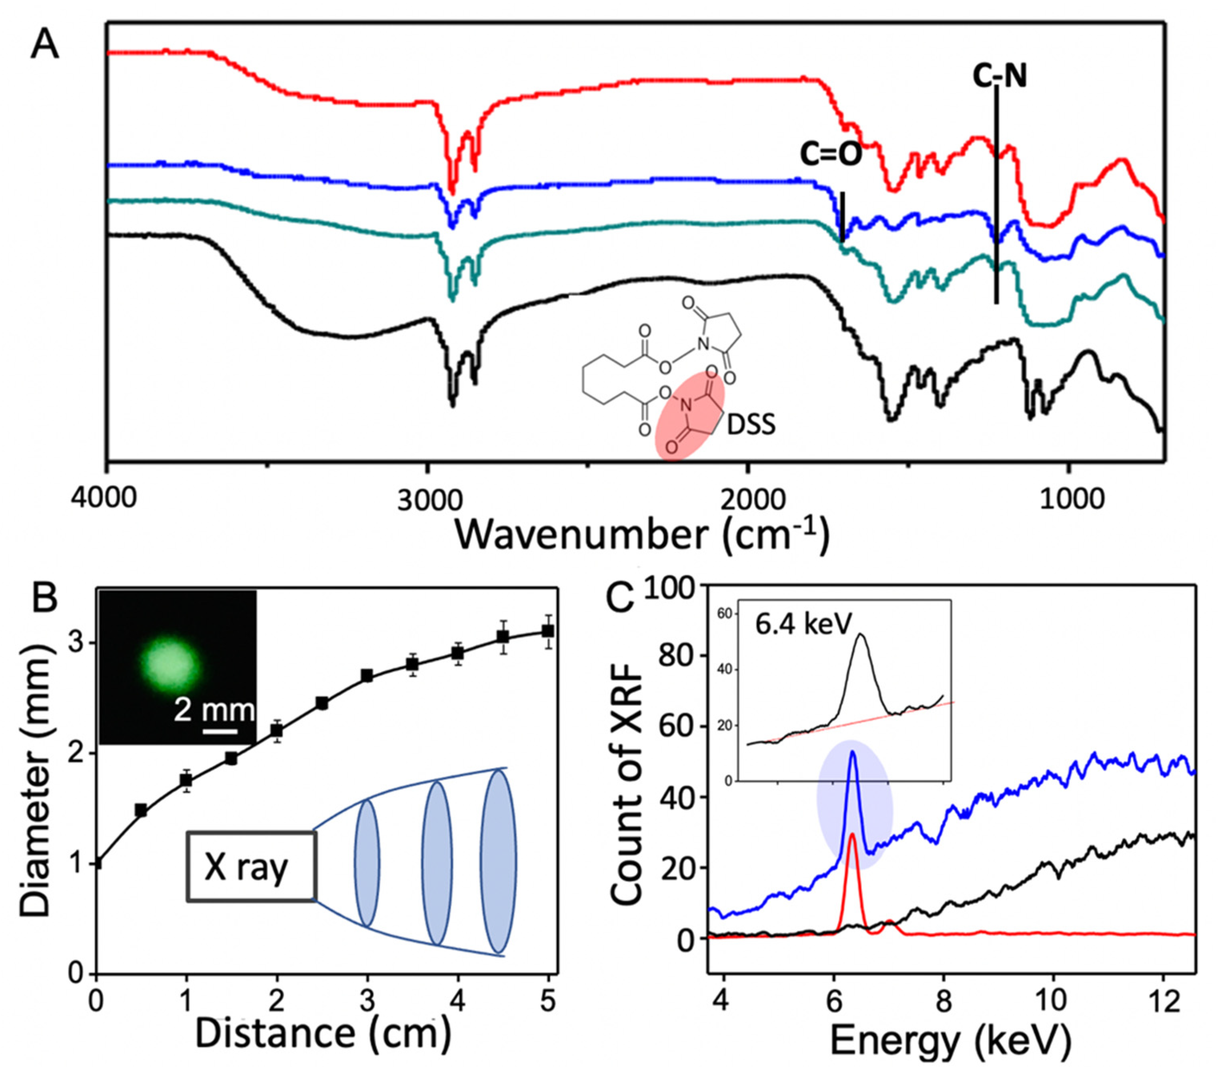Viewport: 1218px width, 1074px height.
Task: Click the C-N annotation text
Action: click(x=1000, y=77)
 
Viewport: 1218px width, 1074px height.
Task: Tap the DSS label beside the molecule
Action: click(x=750, y=425)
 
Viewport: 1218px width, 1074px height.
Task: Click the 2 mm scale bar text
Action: click(x=214, y=711)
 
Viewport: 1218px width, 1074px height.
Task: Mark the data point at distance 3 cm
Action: click(x=367, y=676)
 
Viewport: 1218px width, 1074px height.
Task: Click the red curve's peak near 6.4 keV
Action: click(x=852, y=834)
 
